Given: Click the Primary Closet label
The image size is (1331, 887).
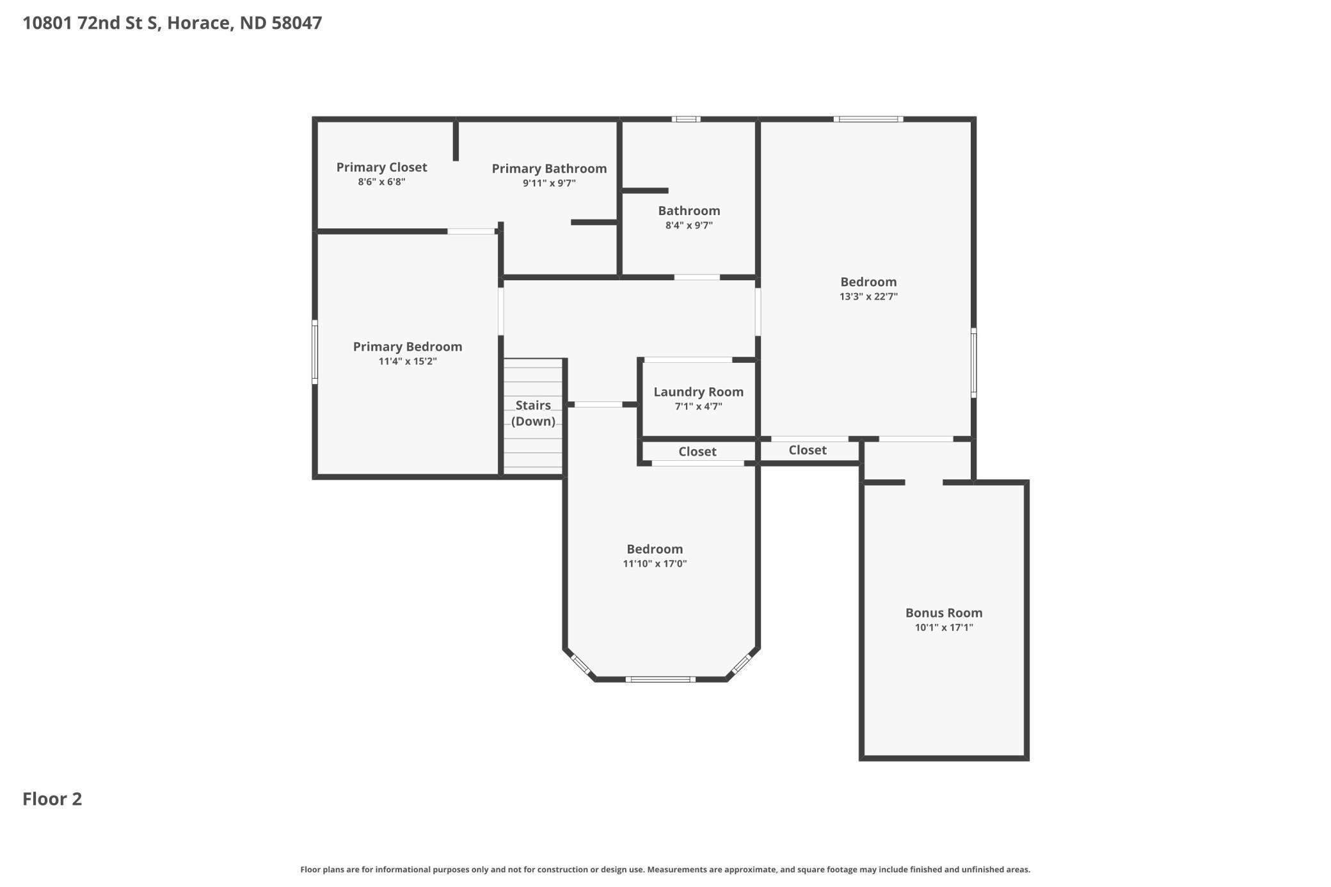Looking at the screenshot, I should pyautogui.click(x=381, y=167).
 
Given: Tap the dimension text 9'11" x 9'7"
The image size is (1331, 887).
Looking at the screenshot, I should pyautogui.click(x=549, y=184).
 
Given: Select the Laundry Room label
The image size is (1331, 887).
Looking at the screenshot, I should pyautogui.click(x=698, y=392).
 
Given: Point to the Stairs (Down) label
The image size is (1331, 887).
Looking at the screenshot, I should pyautogui.click(x=533, y=413).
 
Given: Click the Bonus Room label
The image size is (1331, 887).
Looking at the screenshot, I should pyautogui.click(x=943, y=612).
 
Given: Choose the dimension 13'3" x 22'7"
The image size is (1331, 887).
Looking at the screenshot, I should pyautogui.click(x=868, y=297).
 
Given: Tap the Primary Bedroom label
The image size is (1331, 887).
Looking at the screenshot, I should pyautogui.click(x=407, y=346).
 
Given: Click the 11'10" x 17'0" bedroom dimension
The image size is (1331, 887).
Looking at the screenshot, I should pyautogui.click(x=655, y=564).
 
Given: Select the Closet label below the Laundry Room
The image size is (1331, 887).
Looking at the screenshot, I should pyautogui.click(x=697, y=452).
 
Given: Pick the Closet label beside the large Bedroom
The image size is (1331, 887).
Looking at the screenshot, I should pyautogui.click(x=807, y=450).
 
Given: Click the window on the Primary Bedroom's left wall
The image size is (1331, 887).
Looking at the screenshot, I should pyautogui.click(x=315, y=352).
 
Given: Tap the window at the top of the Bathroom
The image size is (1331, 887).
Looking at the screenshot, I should pyautogui.click(x=686, y=119).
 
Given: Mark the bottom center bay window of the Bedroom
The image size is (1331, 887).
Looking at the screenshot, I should pyautogui.click(x=660, y=679).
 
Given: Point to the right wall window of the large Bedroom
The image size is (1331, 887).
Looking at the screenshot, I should pyautogui.click(x=973, y=363).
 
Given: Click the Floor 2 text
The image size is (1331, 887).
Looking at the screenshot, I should pyautogui.click(x=52, y=799).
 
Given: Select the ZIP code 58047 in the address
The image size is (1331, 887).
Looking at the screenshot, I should pyautogui.click(x=296, y=23).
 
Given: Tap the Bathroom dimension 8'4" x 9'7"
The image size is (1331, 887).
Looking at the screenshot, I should pyautogui.click(x=689, y=225).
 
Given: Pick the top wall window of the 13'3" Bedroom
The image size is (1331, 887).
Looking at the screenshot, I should pyautogui.click(x=868, y=119).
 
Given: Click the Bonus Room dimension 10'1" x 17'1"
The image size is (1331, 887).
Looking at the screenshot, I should pyautogui.click(x=943, y=628).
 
